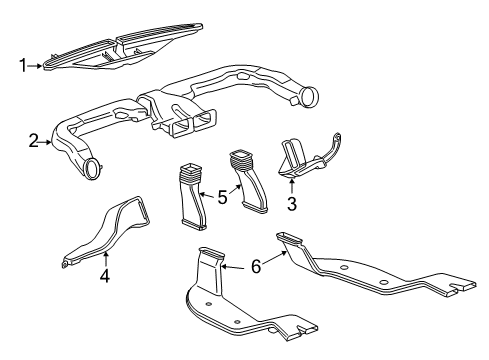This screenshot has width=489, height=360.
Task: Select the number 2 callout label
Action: point(33,141)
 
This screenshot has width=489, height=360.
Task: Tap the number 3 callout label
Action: point(292,204)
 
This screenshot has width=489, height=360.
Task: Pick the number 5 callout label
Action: point(221,198)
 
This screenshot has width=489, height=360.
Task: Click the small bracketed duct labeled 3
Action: point(300,160)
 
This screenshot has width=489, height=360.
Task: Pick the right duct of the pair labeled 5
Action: point(250,180)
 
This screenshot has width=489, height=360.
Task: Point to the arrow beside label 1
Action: point(38,66)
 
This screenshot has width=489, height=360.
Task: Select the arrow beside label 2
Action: point(47,141)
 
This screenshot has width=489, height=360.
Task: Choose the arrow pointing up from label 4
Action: point(104,258)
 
